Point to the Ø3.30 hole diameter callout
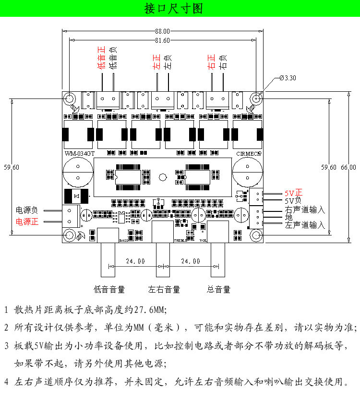pyautogui.click(x=288, y=78)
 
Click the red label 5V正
pyautogui.click(x=293, y=193)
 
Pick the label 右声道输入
pyautogui.click(x=305, y=209)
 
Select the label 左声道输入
pyautogui.click(x=305, y=225)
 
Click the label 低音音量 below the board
pyautogui.click(x=109, y=289)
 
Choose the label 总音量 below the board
pyautogui.click(x=218, y=289)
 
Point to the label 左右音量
pyautogui.click(x=164, y=289)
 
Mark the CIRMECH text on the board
pyautogui.click(x=249, y=154)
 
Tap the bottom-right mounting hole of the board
pyautogui.click(x=256, y=235)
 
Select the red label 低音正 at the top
pyautogui.click(x=101, y=58)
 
